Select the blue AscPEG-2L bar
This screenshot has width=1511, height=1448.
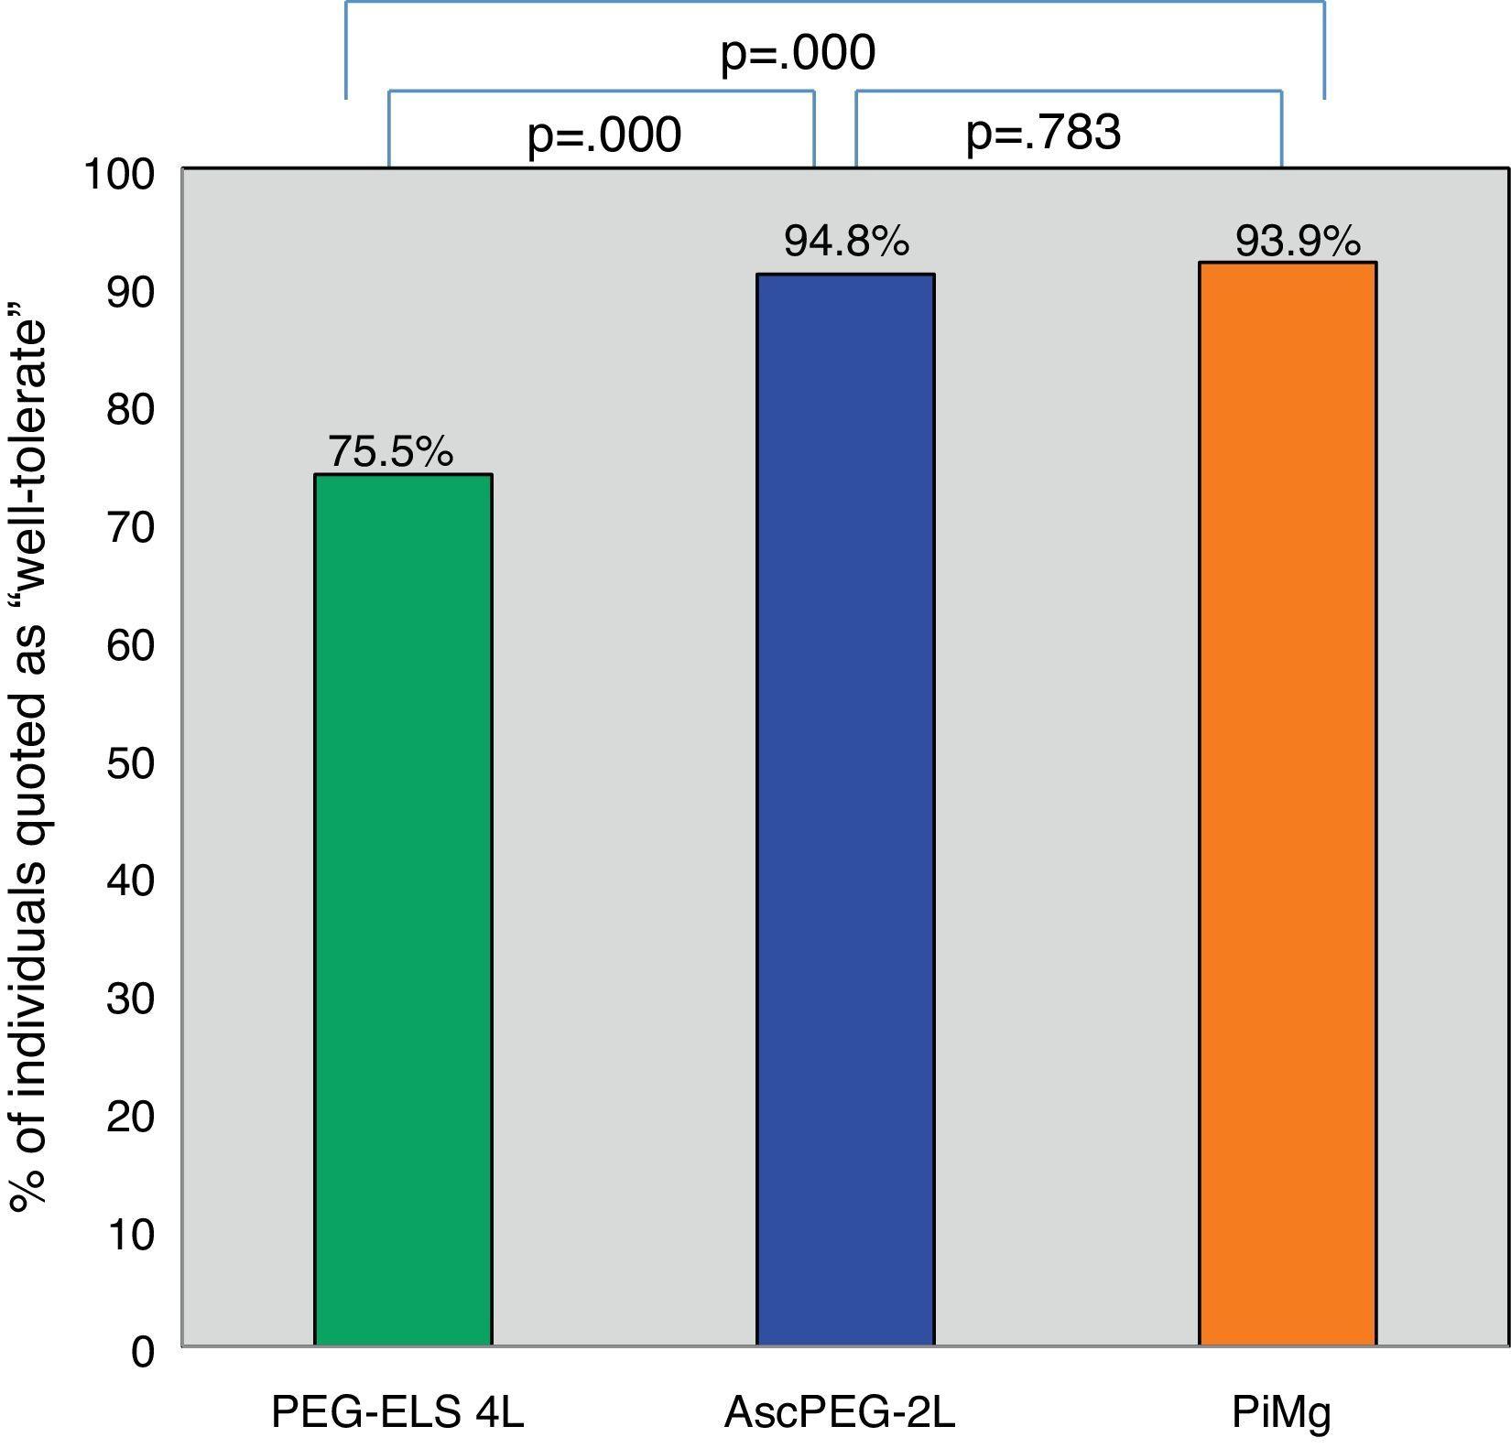point(845,809)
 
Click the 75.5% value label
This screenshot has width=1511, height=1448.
point(391,451)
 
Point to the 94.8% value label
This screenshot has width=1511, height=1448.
point(846,242)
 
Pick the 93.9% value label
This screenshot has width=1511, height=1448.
point(1298,242)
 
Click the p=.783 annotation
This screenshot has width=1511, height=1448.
point(1043,133)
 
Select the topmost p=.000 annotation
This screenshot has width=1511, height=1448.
point(798,52)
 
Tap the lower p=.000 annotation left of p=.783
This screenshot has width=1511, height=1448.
point(604,135)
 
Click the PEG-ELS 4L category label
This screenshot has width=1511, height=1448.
point(397,1412)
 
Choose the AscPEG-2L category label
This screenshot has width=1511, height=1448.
point(840,1412)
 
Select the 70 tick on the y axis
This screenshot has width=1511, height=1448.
point(131,527)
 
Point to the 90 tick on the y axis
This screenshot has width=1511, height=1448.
point(131,292)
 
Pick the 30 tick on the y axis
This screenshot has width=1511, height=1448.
point(131,998)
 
